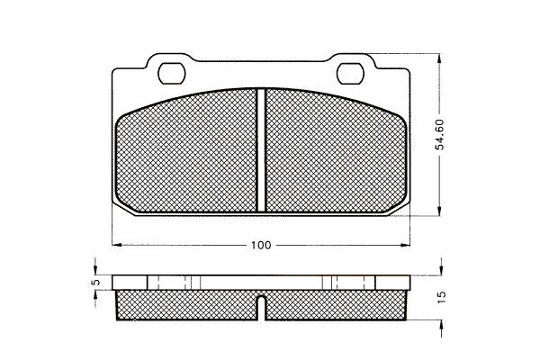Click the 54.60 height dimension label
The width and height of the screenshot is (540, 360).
point(440,134)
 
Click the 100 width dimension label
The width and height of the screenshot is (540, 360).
point(261,246)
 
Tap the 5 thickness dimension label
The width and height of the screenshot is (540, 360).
point(96,282)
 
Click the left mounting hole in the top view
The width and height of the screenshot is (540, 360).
point(172,73)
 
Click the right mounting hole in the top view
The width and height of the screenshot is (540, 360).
point(350,74)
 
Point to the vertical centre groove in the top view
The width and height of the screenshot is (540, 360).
point(261,150)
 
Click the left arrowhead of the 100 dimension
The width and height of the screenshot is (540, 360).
point(117,245)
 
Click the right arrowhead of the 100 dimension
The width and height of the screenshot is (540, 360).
point(405,245)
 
